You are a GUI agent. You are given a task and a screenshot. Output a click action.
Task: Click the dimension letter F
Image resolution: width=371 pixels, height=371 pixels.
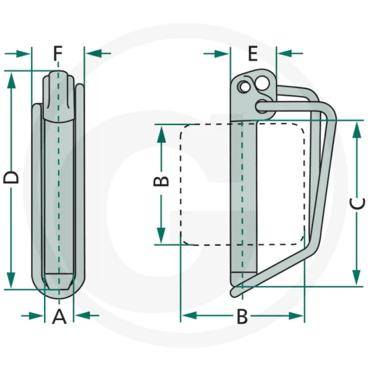pyautogui.click(x=58, y=53)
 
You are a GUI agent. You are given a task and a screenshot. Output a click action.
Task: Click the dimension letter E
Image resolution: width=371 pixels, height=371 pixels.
pyautogui.click(x=253, y=53)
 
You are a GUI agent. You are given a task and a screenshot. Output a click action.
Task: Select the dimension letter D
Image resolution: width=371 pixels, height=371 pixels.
pyautogui.click(x=11, y=178)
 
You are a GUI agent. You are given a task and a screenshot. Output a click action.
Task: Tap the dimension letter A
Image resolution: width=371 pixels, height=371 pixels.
pyautogui.click(x=60, y=316)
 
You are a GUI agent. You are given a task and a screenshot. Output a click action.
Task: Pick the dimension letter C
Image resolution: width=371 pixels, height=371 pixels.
pyautogui.click(x=357, y=203)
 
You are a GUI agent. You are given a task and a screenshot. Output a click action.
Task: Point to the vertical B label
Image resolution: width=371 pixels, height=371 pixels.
pyautogui.click(x=161, y=181)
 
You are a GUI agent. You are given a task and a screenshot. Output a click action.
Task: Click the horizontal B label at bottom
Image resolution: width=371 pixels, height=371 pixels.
pyautogui.click(x=242, y=316)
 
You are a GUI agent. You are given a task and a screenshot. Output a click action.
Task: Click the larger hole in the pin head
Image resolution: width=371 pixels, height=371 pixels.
pyautogui.click(x=262, y=83)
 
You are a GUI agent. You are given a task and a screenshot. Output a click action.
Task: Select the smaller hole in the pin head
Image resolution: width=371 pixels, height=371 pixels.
pyautogui.click(x=244, y=87)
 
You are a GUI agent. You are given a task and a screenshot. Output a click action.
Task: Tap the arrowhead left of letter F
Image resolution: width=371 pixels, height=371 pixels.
pyautogui.click(x=24, y=53)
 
